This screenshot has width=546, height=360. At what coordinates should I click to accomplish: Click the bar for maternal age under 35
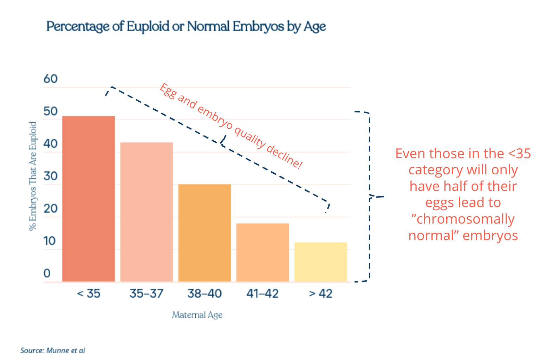pyautogui.click(x=89, y=199)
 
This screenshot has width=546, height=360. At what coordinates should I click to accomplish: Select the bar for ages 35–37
pyautogui.click(x=147, y=212)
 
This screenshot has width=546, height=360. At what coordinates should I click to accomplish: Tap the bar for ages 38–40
pyautogui.click(x=204, y=233)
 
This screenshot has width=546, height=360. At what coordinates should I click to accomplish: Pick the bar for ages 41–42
pyautogui.click(x=262, y=252)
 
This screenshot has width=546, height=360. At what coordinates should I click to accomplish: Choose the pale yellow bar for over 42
pyautogui.click(x=320, y=262)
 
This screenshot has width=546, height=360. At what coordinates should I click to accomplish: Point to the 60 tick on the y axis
pyautogui.click(x=51, y=79)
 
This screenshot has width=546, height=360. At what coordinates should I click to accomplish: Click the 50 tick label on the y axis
pyautogui.click(x=51, y=111)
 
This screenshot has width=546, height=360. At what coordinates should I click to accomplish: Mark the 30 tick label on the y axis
pyautogui.click(x=51, y=176)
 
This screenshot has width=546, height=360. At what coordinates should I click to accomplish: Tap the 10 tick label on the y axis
pyautogui.click(x=50, y=241)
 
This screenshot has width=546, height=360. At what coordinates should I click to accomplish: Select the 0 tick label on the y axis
pyautogui.click(x=47, y=274)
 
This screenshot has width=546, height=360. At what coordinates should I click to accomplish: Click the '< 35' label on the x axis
pyautogui.click(x=89, y=293)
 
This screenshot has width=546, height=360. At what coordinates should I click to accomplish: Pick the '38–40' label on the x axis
pyautogui.click(x=204, y=293)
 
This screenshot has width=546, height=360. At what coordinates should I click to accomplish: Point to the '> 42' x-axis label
pyautogui.click(x=320, y=293)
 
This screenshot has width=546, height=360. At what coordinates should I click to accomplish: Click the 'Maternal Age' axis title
pyautogui.click(x=197, y=315)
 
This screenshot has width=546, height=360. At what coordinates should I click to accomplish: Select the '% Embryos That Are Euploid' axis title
pyautogui.click(x=33, y=176)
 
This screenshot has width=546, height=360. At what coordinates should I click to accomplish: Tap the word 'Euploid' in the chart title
pyautogui.click(x=148, y=26)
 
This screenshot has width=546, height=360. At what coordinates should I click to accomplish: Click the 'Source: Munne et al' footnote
pyautogui.click(x=53, y=351)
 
